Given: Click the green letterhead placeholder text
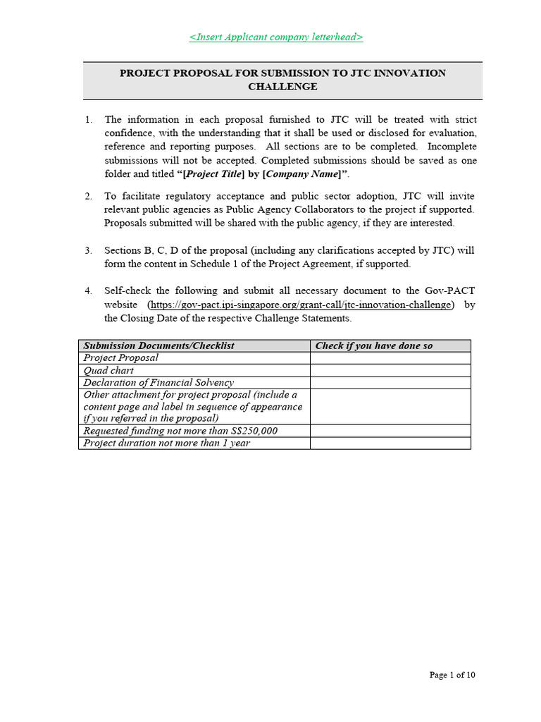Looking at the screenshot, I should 276,37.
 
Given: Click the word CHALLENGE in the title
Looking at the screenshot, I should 282,87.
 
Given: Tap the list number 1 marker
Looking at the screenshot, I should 88,120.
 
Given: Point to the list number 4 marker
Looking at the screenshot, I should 88,290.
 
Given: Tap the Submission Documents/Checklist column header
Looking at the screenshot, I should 158,345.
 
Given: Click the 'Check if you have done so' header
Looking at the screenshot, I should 373,345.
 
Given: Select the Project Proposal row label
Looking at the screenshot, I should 121,357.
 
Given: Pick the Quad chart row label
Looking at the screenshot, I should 108,370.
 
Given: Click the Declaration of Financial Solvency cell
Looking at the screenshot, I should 158,382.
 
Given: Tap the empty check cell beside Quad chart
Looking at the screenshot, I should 390,370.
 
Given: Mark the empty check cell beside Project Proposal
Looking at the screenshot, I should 390,357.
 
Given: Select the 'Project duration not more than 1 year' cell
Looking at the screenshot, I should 166,443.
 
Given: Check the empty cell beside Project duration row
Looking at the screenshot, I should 390,443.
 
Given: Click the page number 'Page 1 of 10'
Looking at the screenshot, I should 452,675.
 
